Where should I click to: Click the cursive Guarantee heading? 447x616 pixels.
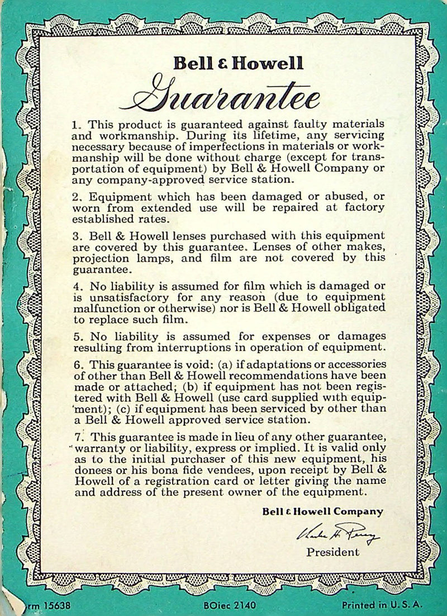226,99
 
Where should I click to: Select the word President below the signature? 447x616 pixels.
333,552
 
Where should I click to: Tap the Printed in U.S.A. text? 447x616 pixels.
383,605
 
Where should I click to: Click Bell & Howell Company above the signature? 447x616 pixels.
323,511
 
